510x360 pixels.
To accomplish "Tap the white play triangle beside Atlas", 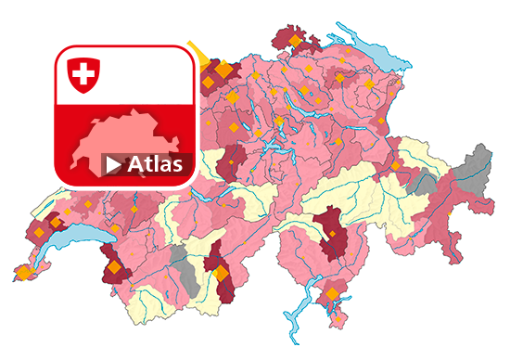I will pyautogui.click(x=113, y=165).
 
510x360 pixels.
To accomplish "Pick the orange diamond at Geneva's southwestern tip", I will pyautogui.click(x=22, y=274).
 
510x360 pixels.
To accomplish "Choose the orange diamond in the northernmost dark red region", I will pyautogui.click(x=296, y=41).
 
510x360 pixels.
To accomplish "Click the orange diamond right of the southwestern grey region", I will pyautogui.click(x=220, y=274).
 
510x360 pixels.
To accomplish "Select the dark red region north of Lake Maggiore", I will pyautogui.click(x=329, y=237).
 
